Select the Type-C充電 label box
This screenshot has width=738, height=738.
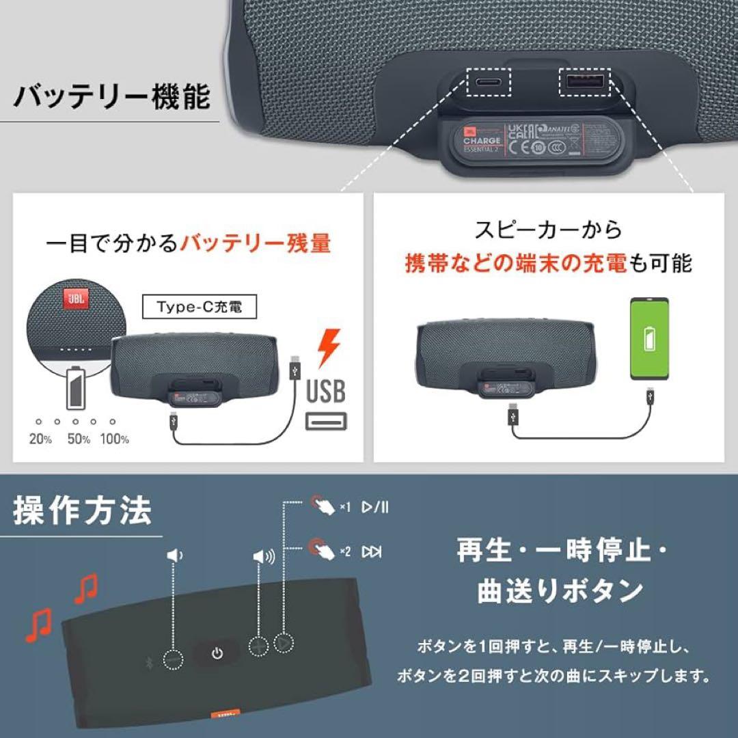coord(191,308)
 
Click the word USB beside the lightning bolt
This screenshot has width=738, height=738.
coord(325,392)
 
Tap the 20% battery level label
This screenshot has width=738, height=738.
coord(40,439)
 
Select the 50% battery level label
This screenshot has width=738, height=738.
coord(79,439)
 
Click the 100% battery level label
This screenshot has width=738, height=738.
coord(115,439)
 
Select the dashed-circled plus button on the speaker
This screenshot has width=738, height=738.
coord(259,644)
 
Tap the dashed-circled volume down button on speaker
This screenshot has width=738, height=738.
coord(174,659)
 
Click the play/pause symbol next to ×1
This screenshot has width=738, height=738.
coord(376,507)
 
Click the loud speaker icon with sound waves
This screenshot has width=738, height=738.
coord(263,557)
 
